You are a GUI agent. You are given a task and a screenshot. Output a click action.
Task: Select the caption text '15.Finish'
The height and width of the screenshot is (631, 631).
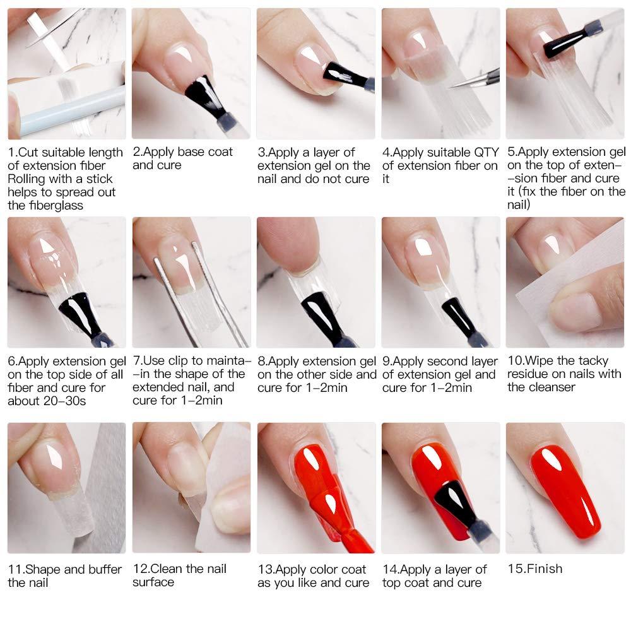click(534, 569)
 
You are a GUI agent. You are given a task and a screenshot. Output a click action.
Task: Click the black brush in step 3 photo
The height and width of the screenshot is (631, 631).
click(344, 76)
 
